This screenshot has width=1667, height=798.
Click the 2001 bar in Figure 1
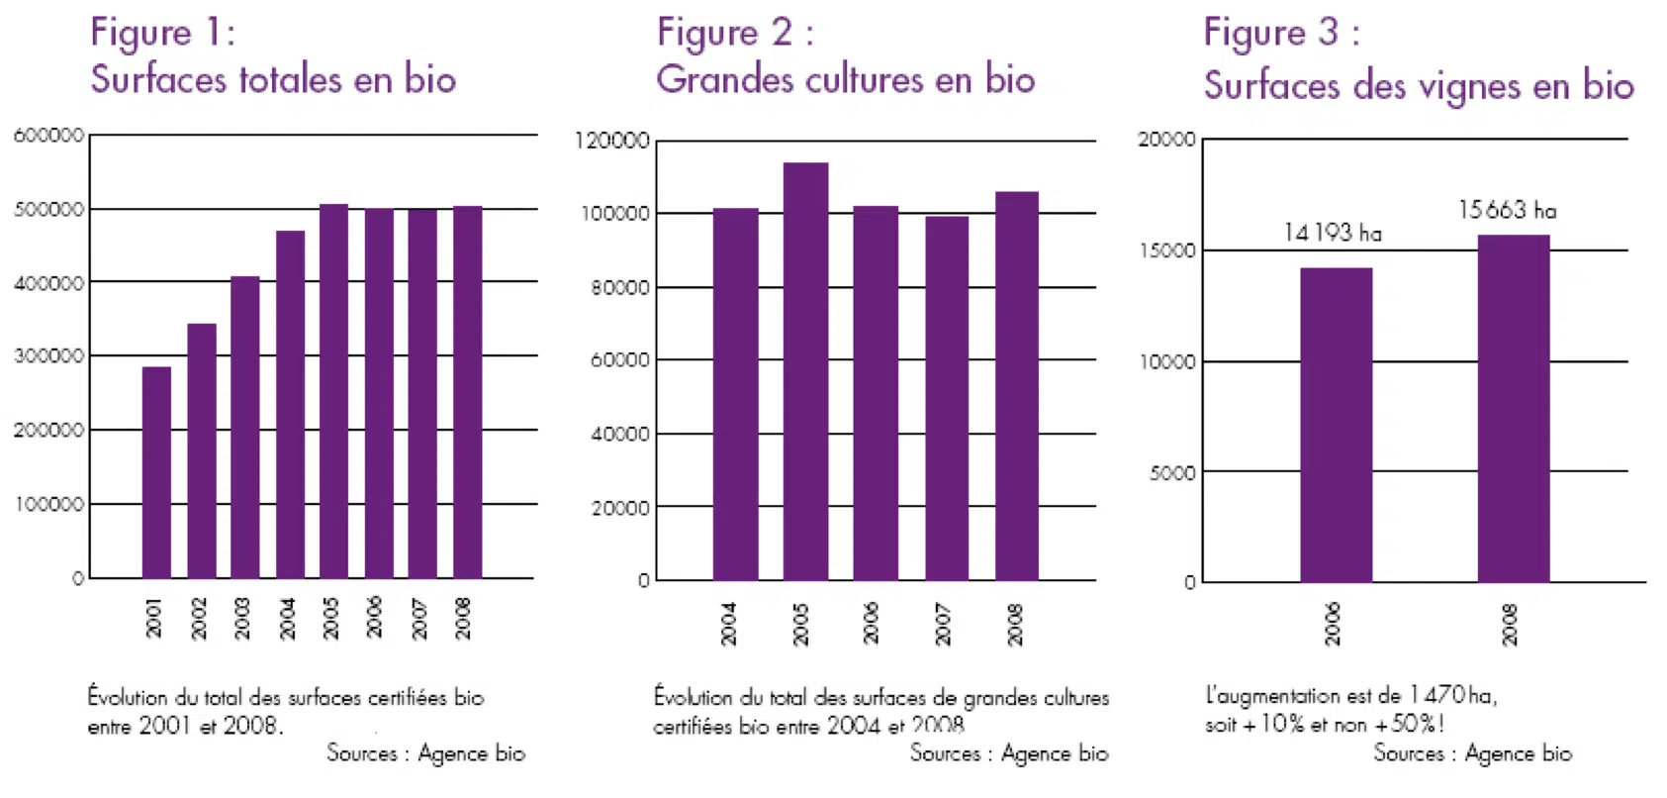[156, 472]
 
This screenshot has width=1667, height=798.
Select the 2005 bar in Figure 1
[333, 391]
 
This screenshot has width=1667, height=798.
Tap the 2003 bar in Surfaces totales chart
[245, 427]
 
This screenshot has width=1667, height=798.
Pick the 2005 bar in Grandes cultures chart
[805, 371]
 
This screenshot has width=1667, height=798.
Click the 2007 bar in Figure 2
[947, 398]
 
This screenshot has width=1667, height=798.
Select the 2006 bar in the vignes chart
[1336, 425]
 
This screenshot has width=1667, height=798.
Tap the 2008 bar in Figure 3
[1513, 408]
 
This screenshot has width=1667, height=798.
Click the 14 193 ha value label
[1332, 233]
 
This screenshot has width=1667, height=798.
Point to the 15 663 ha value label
[1507, 210]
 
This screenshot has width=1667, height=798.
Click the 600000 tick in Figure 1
[48, 136]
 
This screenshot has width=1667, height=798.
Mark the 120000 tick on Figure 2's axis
[612, 141]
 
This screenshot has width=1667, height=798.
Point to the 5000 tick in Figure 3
[1172, 473]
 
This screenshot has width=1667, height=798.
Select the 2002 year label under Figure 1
[199, 618]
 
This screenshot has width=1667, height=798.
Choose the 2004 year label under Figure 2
[729, 624]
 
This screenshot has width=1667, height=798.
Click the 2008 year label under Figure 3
[1510, 625]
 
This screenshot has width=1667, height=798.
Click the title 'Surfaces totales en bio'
[273, 79]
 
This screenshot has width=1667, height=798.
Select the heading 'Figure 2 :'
[735, 33]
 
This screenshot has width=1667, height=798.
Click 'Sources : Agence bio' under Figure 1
[425, 753]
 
